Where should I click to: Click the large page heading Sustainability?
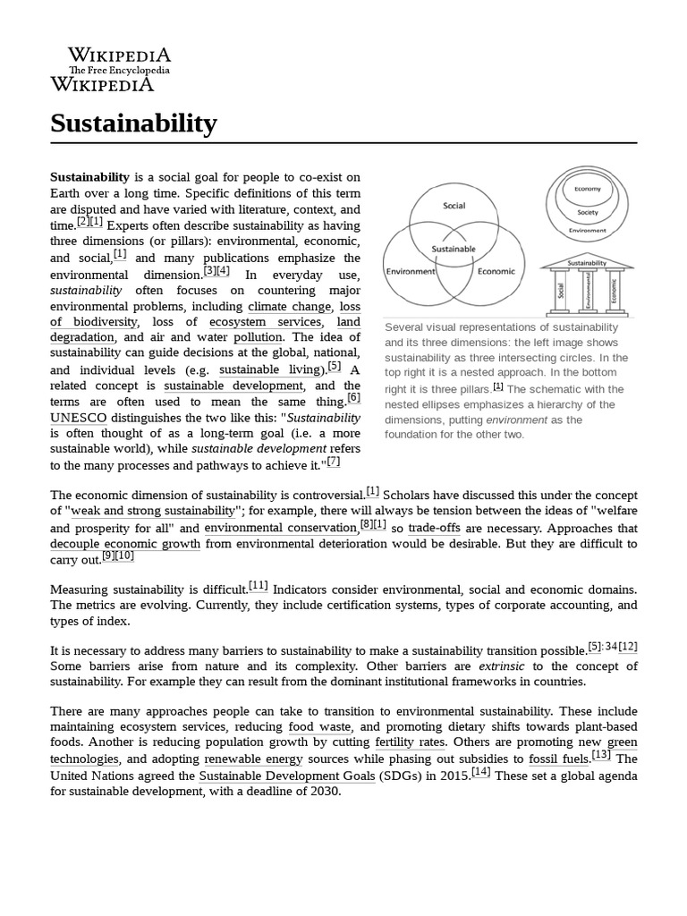(133, 123)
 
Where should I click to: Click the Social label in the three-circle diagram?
(454, 205)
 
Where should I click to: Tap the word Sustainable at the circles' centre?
(454, 249)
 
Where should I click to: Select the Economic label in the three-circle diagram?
(496, 271)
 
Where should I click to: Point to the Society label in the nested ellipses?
(588, 213)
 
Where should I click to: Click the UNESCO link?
(78, 418)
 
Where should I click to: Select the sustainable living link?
(270, 369)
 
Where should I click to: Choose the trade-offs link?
(435, 527)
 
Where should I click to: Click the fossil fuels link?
(559, 759)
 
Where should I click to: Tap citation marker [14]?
(480, 772)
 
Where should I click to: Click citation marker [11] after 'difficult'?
(259, 586)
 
